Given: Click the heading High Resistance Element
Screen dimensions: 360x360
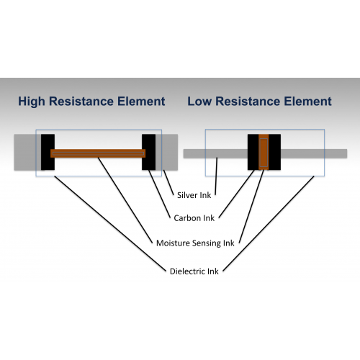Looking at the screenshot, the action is (91, 102).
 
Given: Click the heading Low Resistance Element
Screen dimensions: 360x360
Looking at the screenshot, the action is (259, 102).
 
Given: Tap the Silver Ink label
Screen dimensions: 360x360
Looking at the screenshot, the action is (194, 195).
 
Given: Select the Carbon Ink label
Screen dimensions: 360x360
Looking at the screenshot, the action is (194, 218).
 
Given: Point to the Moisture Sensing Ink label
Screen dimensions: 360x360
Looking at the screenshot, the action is (195, 243).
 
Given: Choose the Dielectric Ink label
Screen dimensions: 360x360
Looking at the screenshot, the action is (194, 271).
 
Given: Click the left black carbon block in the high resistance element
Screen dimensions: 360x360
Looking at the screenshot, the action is (48, 152).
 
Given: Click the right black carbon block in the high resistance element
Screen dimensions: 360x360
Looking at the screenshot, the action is (148, 152).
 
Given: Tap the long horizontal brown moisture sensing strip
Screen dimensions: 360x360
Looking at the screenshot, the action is (98, 153).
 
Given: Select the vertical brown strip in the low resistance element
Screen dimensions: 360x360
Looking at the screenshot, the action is (264, 152).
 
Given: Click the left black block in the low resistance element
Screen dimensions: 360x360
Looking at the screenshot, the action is (253, 152).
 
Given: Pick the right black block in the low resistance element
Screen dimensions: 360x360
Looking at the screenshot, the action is (274, 152).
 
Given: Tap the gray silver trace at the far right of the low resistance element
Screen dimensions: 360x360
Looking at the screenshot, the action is (314, 153).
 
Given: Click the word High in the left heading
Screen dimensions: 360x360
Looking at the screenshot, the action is (32, 102).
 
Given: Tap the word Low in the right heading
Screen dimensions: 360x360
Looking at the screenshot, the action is (199, 102).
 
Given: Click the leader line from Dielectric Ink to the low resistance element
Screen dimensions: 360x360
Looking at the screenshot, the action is (269, 224).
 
